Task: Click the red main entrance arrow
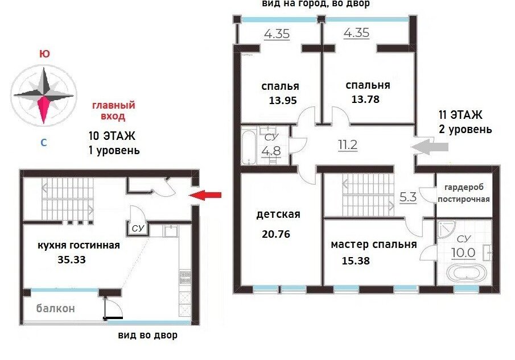pos(205,195)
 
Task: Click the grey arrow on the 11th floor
pos(430,147)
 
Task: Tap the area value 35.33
pos(72,259)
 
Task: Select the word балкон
pos(56,308)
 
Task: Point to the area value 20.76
pos(276,234)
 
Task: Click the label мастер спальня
pos(374,245)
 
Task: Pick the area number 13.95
pos(283,100)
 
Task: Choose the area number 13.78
pos(365,99)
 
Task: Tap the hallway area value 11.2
pos(348,144)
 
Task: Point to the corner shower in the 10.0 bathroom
pos(446,229)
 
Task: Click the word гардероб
pos(464,187)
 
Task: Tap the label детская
pos(278,214)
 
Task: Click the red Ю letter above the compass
pos(44,54)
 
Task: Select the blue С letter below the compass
pos(43,143)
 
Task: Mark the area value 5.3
pos(408,197)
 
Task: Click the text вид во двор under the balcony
pos(147,335)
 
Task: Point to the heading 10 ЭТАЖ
pos(112,135)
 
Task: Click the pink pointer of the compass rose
pos(44,110)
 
